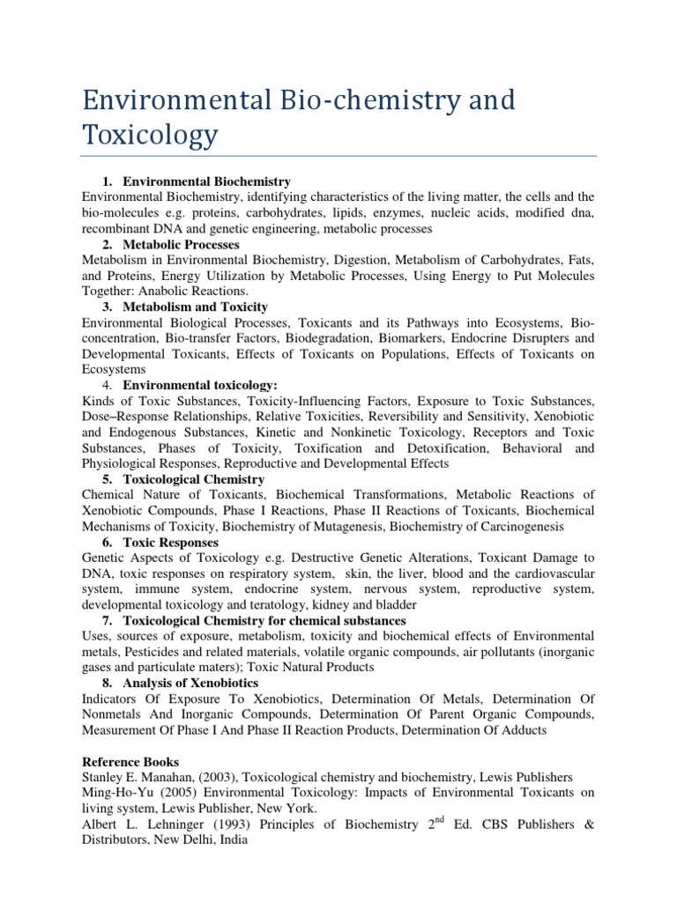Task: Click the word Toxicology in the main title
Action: [x=149, y=135]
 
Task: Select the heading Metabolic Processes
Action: [x=181, y=244]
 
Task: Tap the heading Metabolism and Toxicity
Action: [x=195, y=307]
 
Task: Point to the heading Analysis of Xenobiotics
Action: [x=190, y=683]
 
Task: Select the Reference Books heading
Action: [x=130, y=761]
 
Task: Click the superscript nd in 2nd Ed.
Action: [x=435, y=819]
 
